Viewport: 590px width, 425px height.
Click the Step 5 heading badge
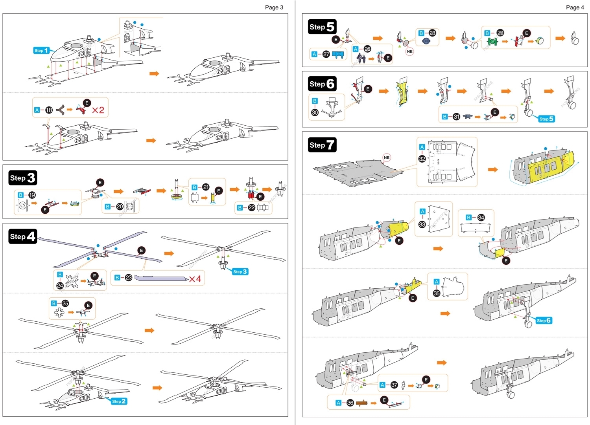pos(322,27)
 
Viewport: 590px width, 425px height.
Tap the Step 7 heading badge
pos(322,145)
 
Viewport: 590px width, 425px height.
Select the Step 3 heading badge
pos(23,178)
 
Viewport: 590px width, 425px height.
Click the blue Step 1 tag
pos(41,50)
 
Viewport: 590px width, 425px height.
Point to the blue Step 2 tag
pos(118,401)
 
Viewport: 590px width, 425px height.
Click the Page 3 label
pos(274,7)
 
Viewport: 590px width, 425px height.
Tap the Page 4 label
pos(575,7)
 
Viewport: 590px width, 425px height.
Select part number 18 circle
pos(49,110)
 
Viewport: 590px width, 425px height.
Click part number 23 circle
pos(129,278)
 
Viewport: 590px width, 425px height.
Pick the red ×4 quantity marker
pos(195,279)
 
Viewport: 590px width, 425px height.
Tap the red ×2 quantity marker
pos(98,110)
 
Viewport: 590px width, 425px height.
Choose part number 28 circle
pos(432,33)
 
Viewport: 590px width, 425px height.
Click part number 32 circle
pos(422,159)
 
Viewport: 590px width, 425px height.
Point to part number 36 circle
pos(350,403)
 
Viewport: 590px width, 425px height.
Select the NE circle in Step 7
pos(387,158)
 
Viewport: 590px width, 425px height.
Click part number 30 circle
pos(315,112)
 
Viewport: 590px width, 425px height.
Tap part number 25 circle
pos(65,303)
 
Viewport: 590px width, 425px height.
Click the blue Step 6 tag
pos(544,321)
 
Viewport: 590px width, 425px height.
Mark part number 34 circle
pos(481,218)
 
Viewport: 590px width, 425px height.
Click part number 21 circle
pos(206,187)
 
